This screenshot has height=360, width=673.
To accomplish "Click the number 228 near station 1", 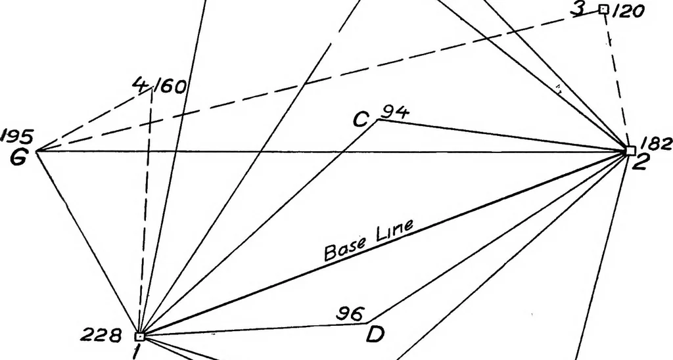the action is [101, 336].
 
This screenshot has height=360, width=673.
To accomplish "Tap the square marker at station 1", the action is [139, 336].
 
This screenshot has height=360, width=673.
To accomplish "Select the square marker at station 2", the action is [630, 150].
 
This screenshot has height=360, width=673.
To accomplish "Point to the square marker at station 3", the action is [604, 9].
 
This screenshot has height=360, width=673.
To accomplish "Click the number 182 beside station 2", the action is [656, 144].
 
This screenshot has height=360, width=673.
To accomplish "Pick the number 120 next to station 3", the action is [628, 11].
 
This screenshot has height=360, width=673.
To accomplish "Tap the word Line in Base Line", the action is [396, 230].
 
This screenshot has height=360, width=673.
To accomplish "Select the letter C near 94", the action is [361, 120].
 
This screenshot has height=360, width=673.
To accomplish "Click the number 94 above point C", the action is [395, 112].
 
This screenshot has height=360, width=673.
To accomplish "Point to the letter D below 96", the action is [375, 334].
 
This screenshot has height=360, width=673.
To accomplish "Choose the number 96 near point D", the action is [350, 314].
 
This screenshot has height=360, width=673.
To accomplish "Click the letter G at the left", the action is [19, 158].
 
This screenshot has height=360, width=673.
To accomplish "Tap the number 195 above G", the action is [16, 137].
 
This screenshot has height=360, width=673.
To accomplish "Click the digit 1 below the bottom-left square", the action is [137, 351].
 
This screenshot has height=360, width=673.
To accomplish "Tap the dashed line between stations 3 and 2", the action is [617, 79].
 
